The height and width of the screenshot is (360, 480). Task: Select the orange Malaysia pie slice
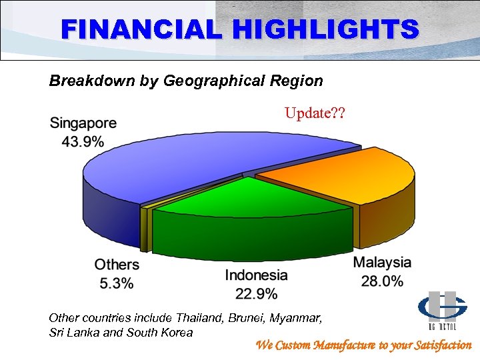[333, 173]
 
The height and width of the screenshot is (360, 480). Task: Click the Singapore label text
[83, 123]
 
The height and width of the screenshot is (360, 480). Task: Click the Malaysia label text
[382, 263]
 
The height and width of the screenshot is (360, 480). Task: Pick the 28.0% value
[382, 281]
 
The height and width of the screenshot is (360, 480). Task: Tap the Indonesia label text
[256, 275]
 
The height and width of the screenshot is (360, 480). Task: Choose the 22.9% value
[256, 293]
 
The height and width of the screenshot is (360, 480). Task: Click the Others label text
[117, 265]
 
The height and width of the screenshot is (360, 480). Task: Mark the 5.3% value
[117, 283]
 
